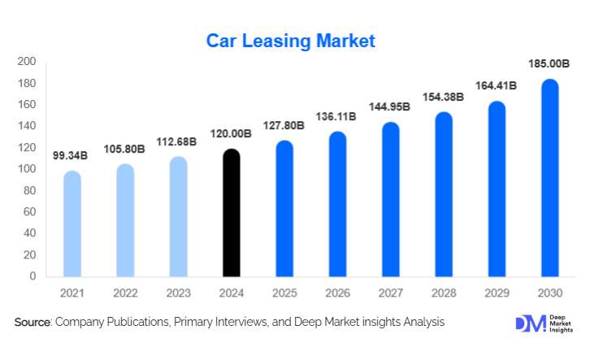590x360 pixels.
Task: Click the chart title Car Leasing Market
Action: pos(290,41)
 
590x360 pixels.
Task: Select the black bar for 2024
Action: pos(232,213)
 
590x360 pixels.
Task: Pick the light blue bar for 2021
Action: pos(72,223)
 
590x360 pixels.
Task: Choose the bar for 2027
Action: pos(391,199)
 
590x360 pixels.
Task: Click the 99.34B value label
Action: pos(72,154)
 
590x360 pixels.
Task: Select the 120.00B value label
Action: pos(232,132)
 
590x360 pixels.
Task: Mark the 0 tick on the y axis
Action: pos(33,276)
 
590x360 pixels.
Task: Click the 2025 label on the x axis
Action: pos(284,292)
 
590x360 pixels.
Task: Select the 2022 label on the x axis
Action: pos(125,292)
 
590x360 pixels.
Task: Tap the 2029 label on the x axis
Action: pos(497,292)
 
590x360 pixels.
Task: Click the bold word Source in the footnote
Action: pos(33,323)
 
